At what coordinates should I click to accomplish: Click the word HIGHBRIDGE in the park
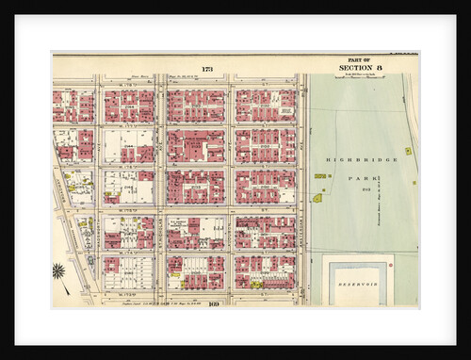point(363,160)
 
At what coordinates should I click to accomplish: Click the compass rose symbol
point(59,271)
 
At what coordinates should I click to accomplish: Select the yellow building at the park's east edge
point(408,151)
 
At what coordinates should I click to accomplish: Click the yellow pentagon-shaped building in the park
point(317,198)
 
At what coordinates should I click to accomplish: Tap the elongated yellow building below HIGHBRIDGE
point(320,176)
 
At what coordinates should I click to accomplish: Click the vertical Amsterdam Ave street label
point(301,188)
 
